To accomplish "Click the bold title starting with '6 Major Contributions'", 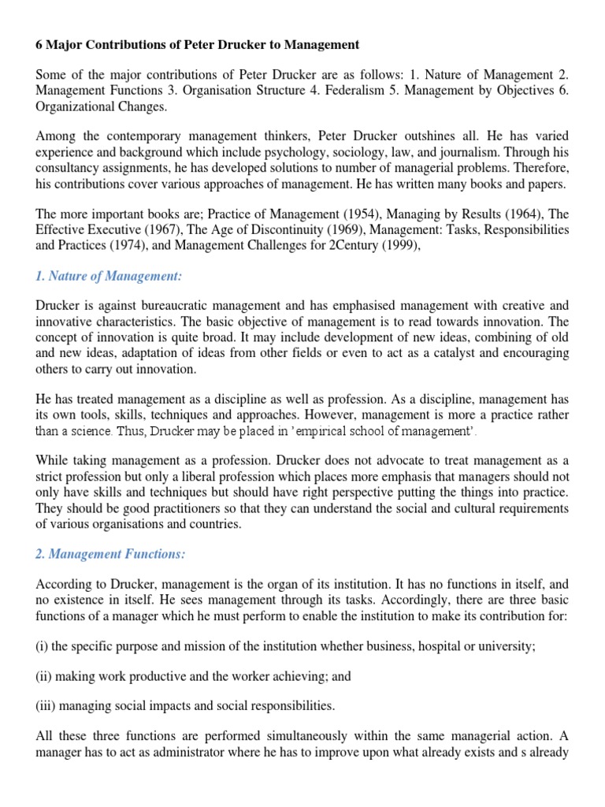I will point(197,45).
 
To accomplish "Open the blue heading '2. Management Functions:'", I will point(110,554).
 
